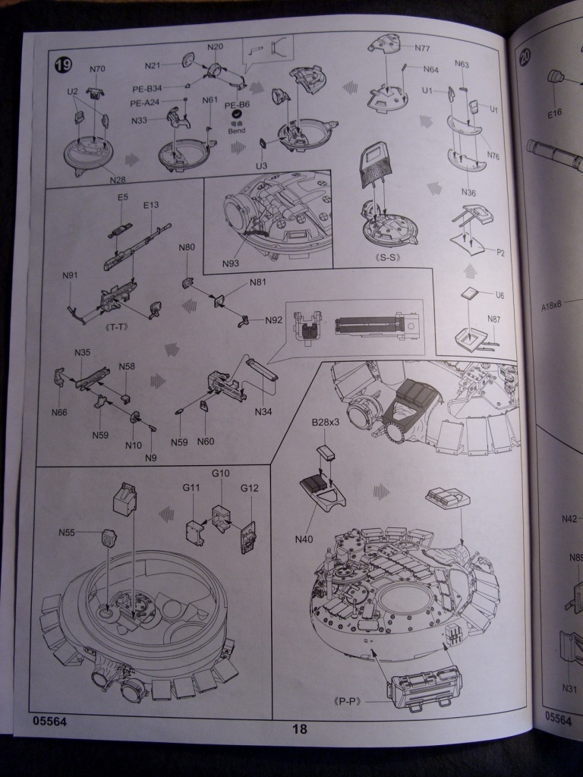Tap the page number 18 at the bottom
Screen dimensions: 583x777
pyautogui.click(x=298, y=729)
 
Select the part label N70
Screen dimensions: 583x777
pyautogui.click(x=97, y=70)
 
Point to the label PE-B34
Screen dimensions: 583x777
pyautogui.click(x=147, y=88)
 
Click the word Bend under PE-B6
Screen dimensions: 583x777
pyautogui.click(x=237, y=131)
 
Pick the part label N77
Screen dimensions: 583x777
pyautogui.click(x=422, y=48)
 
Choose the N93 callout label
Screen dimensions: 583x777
pyautogui.click(x=232, y=263)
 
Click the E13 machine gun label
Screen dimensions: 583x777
pyautogui.click(x=150, y=205)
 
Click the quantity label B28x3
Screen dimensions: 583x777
pyautogui.click(x=325, y=423)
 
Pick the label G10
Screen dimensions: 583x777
pyautogui.click(x=220, y=473)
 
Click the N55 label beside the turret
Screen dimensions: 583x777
pyautogui.click(x=67, y=533)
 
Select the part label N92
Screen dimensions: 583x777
pyautogui.click(x=273, y=319)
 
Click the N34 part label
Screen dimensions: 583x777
pyautogui.click(x=263, y=412)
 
